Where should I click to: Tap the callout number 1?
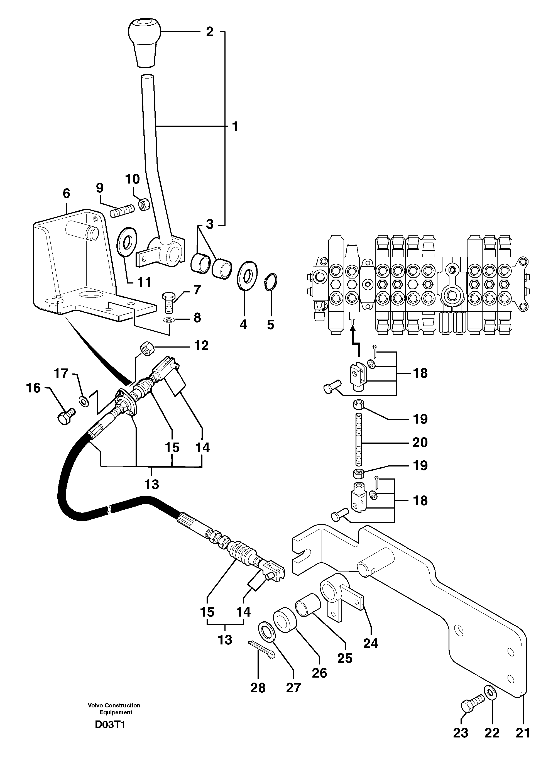pos(234,127)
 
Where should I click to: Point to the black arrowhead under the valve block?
pos(353,328)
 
